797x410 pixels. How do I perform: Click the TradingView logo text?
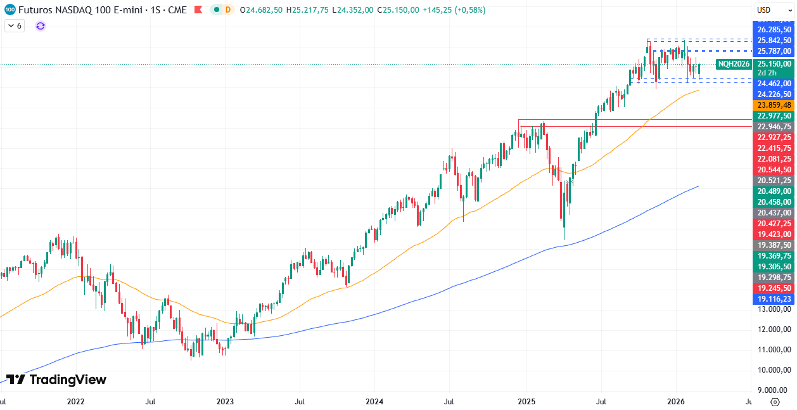[x=56, y=380]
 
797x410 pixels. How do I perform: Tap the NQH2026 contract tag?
[x=734, y=64]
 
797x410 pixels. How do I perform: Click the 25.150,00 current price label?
[x=774, y=64]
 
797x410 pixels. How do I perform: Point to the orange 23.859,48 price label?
[x=774, y=105]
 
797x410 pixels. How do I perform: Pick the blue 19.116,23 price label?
[x=774, y=298]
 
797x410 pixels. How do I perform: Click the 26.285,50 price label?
[x=774, y=29]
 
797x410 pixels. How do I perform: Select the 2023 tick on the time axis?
[x=225, y=401]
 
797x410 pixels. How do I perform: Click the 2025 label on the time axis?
[x=526, y=401]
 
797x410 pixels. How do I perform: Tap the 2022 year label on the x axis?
[x=75, y=401]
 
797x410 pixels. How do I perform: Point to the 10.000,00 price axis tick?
[x=774, y=369]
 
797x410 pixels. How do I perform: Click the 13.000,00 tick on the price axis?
[x=774, y=309]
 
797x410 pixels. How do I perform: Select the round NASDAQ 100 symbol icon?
[x=10, y=10]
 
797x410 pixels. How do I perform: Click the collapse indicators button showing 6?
[x=14, y=26]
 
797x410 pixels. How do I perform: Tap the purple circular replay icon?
[x=41, y=26]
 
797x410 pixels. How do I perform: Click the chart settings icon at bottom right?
[x=775, y=402]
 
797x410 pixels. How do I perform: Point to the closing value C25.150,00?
[x=397, y=10]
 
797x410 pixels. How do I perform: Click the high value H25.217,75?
[x=307, y=10]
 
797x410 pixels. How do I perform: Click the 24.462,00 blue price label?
[x=774, y=83]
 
